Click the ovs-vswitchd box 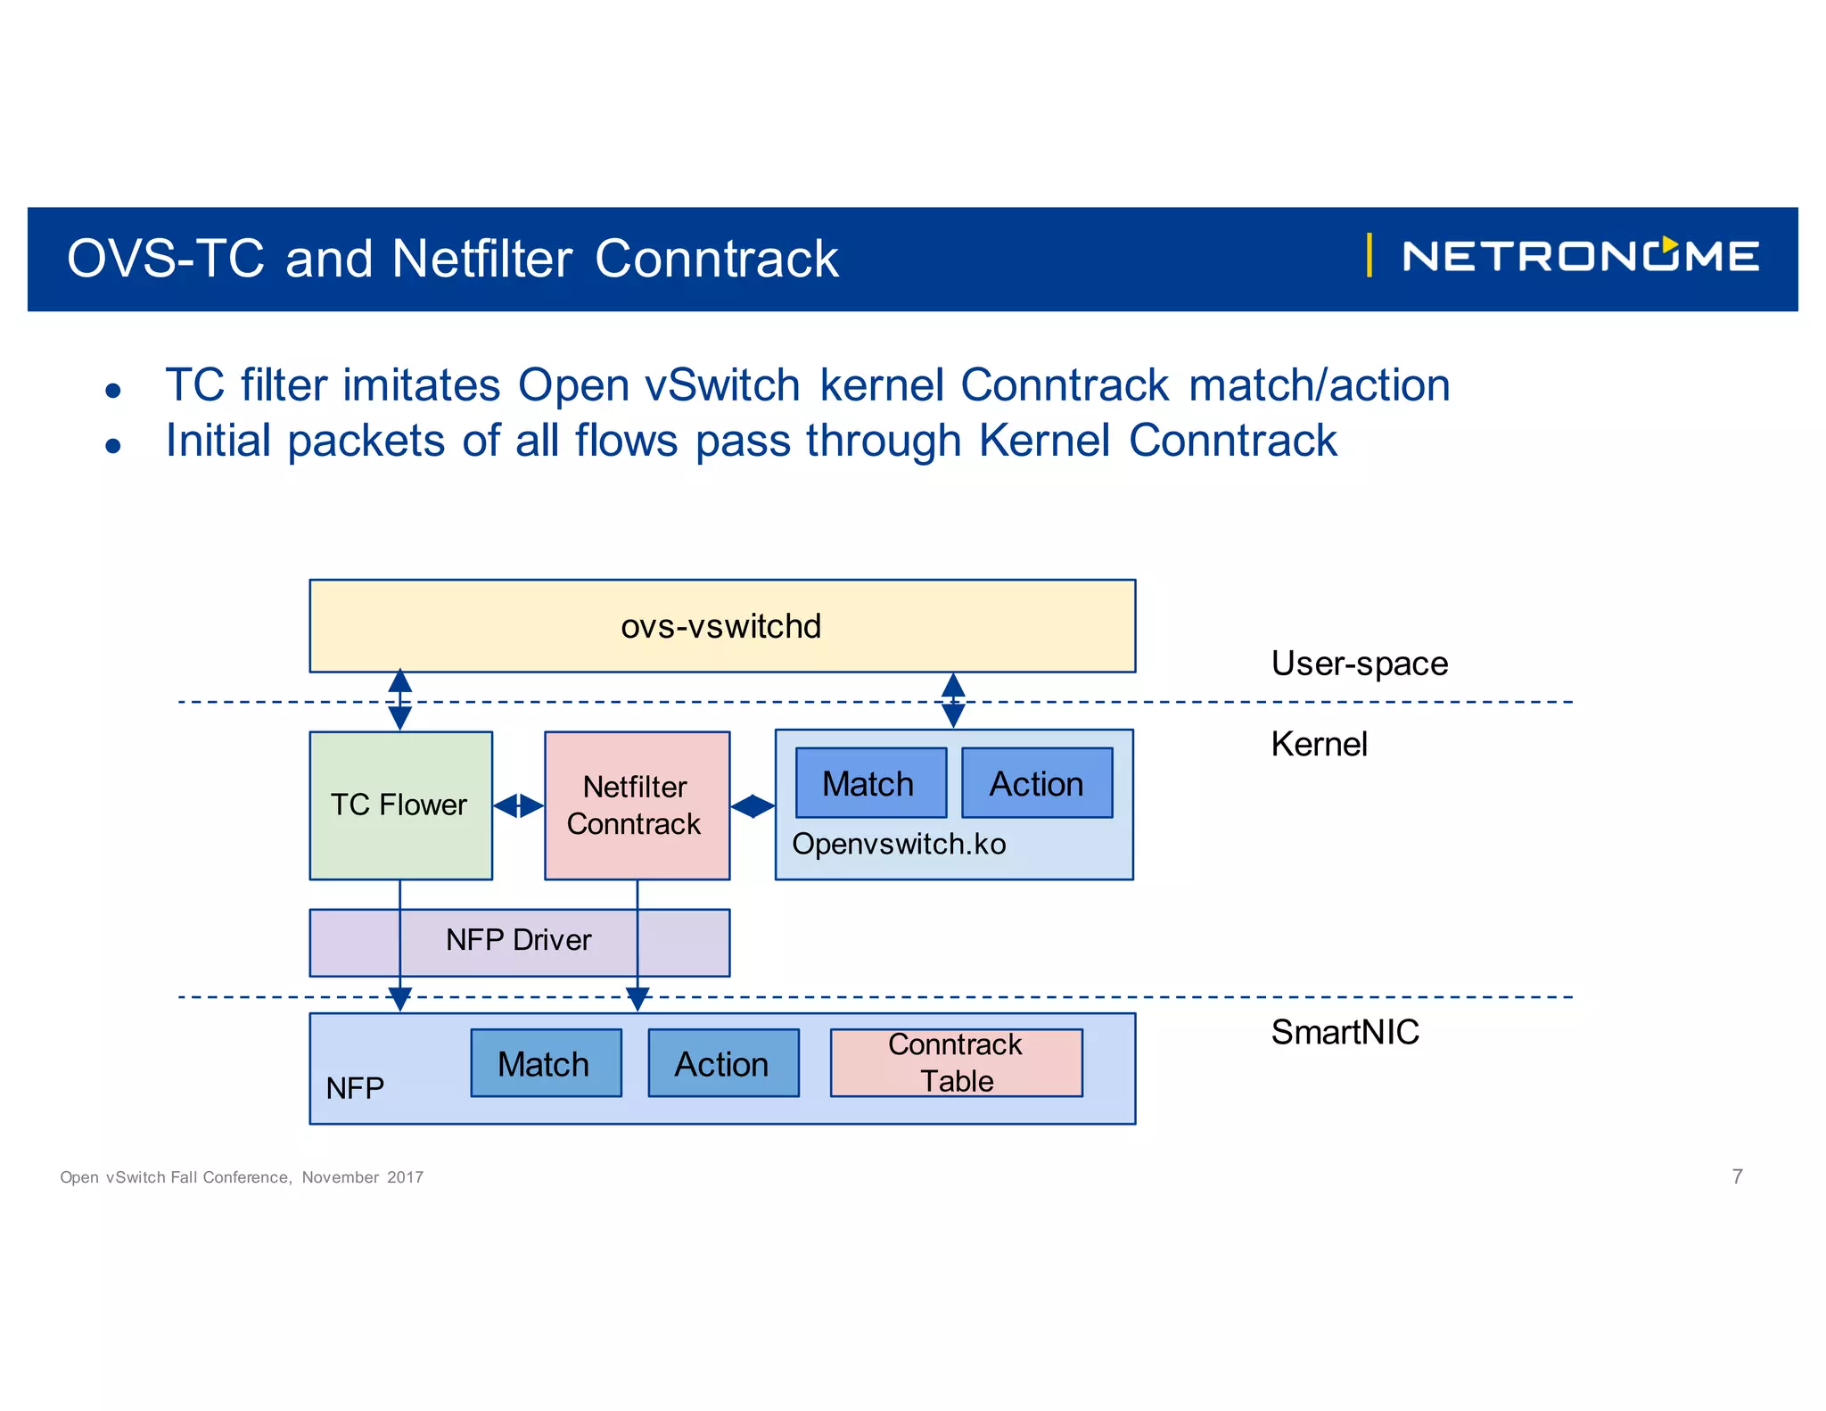click(x=721, y=626)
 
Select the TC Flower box click(x=400, y=805)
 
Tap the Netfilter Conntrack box click(x=636, y=805)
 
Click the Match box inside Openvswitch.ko click(x=869, y=783)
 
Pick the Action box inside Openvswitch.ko click(x=1036, y=783)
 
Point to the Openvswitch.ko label click(x=899, y=844)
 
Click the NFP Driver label click(x=518, y=940)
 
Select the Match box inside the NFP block click(x=545, y=1063)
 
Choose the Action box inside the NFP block click(x=722, y=1063)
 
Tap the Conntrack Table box click(x=956, y=1062)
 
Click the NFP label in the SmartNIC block click(x=355, y=1088)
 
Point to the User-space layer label click(x=1359, y=664)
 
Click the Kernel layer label click(x=1319, y=744)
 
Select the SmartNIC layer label click(x=1345, y=1032)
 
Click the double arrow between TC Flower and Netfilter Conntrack click(x=518, y=805)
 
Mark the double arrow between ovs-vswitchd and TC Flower click(x=400, y=700)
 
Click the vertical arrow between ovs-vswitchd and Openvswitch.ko click(x=953, y=701)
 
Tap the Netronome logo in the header click(x=1579, y=257)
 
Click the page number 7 click(x=1737, y=1176)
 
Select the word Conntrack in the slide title click(x=717, y=259)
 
